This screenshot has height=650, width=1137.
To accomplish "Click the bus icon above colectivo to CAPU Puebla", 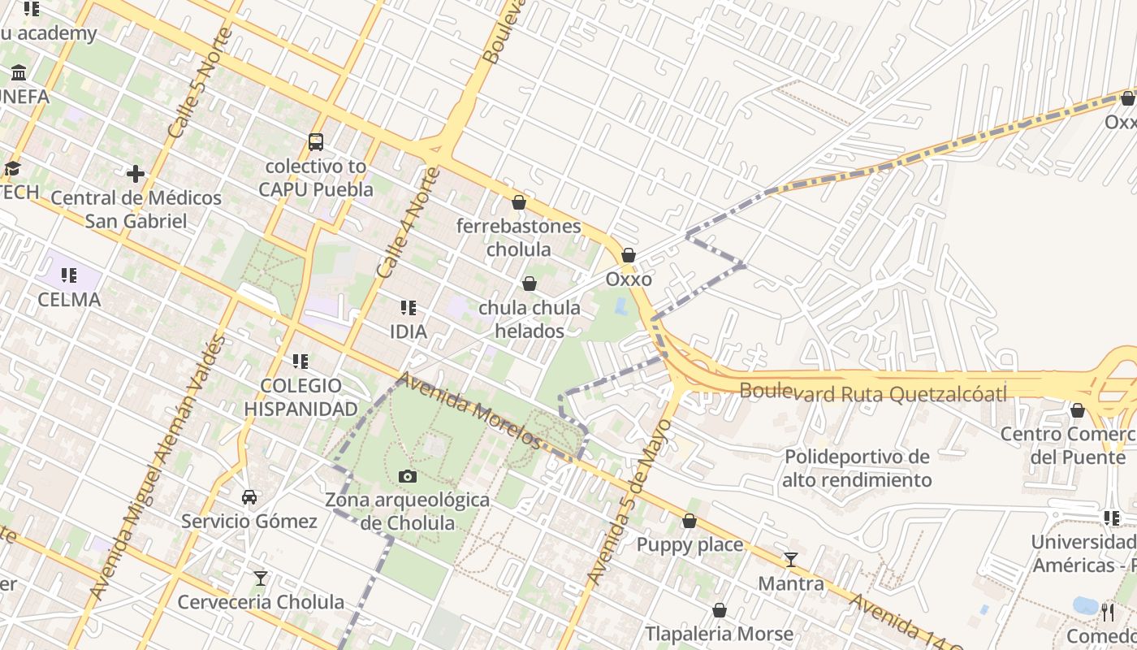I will click(316, 142).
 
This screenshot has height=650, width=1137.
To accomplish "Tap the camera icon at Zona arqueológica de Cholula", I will click(408, 476).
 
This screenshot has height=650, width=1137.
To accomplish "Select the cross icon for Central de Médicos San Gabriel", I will click(136, 174).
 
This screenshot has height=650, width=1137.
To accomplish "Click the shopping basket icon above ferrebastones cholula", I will click(519, 202).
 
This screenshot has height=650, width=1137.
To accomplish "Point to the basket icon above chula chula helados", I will click(530, 284).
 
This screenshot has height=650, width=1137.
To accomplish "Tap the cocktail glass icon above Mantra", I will click(790, 560).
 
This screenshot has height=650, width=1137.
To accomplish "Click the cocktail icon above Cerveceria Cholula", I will click(260, 578).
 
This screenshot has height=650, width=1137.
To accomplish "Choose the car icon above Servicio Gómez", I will click(249, 496).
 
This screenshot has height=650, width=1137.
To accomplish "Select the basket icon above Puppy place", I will click(690, 521).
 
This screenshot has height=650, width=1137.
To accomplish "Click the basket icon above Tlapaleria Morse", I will click(719, 610).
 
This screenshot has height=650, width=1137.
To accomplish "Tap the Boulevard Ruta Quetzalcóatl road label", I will click(873, 393).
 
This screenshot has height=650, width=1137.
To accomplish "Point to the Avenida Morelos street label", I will click(469, 410).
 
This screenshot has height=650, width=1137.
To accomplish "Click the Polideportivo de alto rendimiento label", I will click(857, 468).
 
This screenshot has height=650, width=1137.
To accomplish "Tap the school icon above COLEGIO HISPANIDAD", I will click(300, 361).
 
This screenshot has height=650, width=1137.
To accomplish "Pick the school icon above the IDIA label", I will click(409, 308).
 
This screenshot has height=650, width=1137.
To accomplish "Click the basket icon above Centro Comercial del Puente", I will click(1078, 410).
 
